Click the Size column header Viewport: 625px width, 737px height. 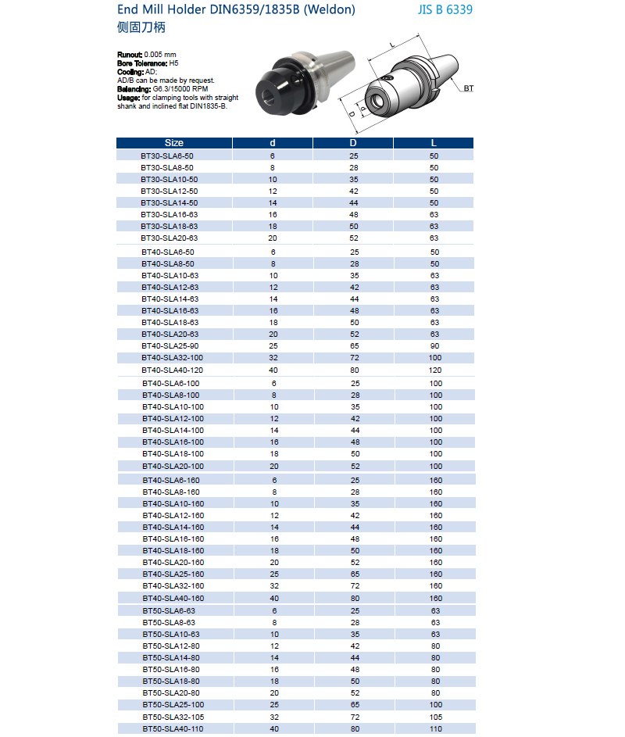[x=173, y=143]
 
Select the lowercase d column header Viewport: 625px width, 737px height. [x=273, y=143]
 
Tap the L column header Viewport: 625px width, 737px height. [x=434, y=143]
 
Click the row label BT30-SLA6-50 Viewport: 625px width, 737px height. [x=167, y=156]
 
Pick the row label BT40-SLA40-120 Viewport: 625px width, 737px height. [x=173, y=370]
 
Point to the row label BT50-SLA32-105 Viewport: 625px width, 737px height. [x=173, y=717]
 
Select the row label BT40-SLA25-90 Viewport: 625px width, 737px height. [x=170, y=345]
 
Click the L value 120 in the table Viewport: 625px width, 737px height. [x=435, y=370]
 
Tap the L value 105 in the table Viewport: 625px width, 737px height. [x=435, y=717]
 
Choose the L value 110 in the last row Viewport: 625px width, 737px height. [x=435, y=728]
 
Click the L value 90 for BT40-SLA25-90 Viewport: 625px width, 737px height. [x=435, y=345]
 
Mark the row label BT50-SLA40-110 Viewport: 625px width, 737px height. [x=173, y=728]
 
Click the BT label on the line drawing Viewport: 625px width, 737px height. [x=468, y=88]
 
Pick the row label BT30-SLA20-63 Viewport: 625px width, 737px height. [x=170, y=238]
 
